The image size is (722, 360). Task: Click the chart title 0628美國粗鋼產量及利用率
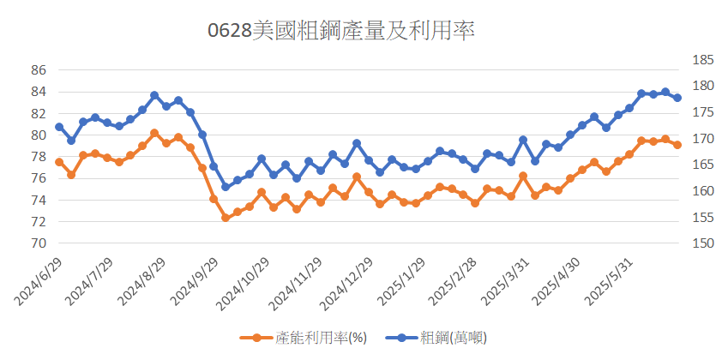coord(341,32)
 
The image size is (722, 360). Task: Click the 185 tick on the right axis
coord(702,60)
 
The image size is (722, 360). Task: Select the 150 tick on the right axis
coord(702,243)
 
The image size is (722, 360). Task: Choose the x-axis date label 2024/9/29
coord(194,281)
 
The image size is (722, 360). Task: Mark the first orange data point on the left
coord(59,162)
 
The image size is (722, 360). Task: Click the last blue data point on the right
coord(677,98)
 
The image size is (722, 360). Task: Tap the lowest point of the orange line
coord(226,218)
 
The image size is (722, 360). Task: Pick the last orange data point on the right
coord(677,145)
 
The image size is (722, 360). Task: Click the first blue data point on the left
coord(59,127)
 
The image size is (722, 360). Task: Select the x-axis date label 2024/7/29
coord(89,281)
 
